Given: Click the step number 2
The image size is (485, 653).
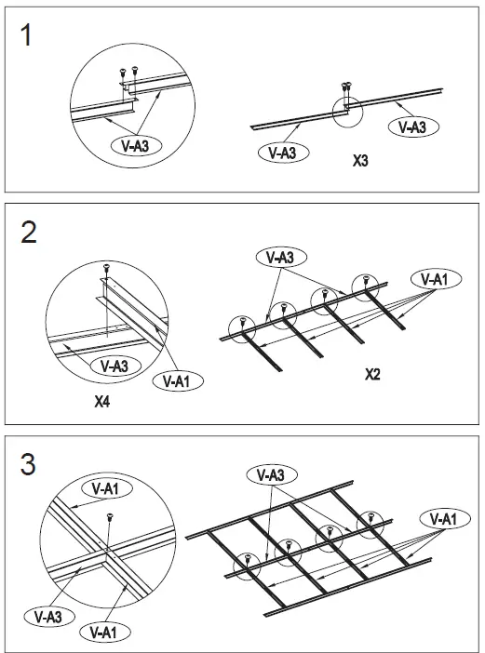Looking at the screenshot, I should pos(30,233).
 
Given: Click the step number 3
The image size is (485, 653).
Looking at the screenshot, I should pos(30,462).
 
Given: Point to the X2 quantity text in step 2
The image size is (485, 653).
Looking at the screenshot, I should pos(372,375).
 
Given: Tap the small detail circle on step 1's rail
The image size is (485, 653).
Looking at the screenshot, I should pos(346,109).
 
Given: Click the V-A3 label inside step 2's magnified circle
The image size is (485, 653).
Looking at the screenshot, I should pos(114,366).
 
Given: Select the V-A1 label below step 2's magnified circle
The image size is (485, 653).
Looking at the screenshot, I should pos(179,380).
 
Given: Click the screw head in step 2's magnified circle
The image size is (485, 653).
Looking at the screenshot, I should pos(108,268).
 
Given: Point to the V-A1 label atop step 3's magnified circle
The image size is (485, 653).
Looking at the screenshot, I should pos(106,487).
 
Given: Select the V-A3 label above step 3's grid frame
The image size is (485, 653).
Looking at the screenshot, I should pos(271,474).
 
